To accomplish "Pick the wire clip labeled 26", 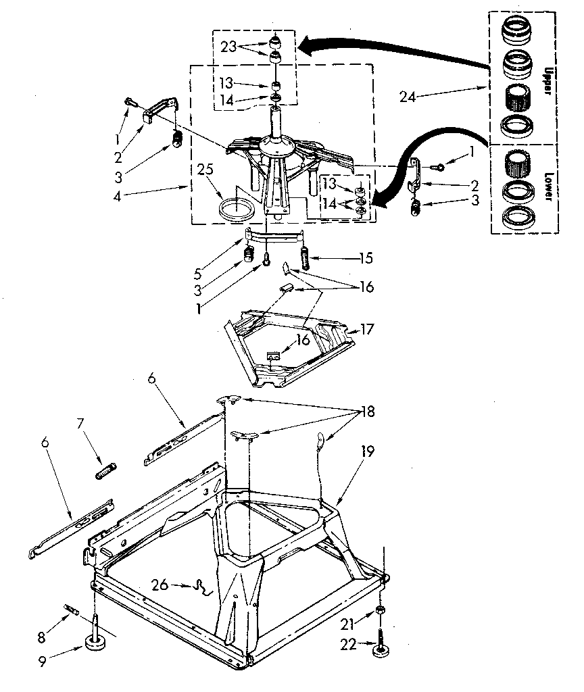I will coord(201,587).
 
